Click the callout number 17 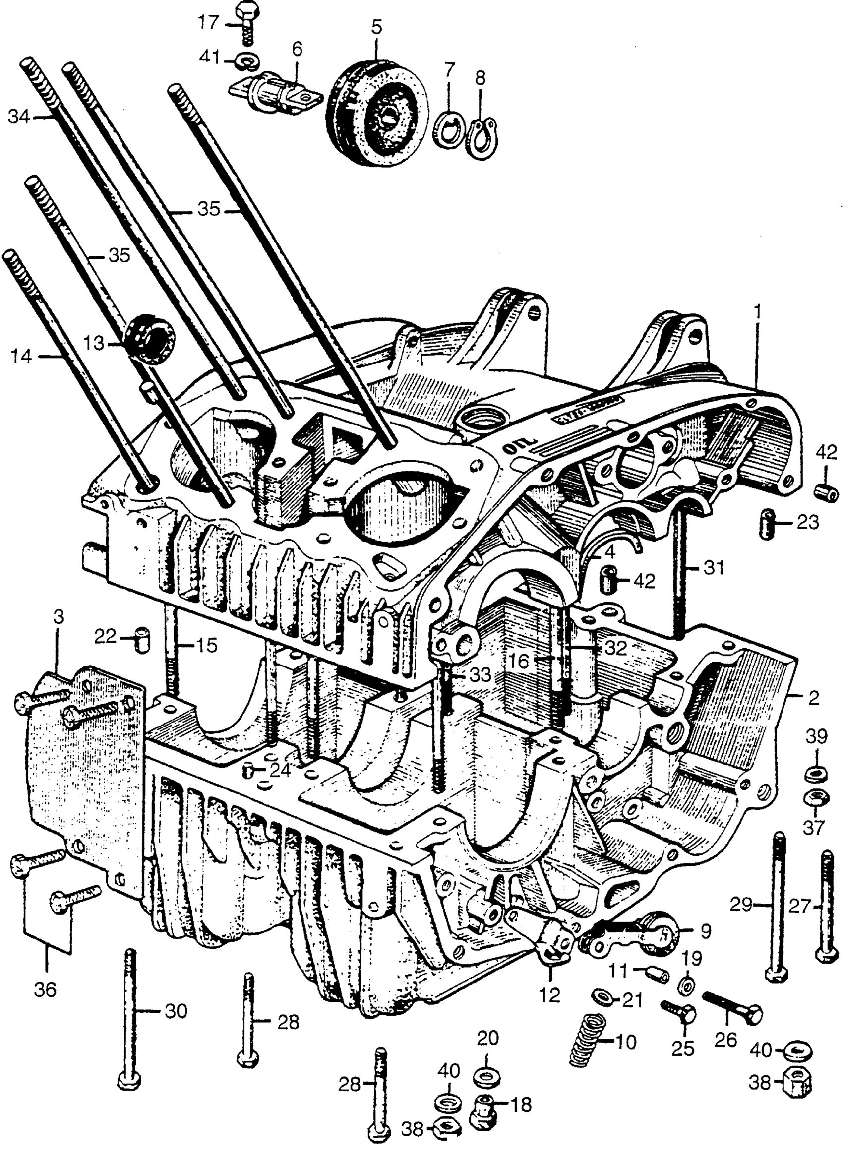pyautogui.click(x=208, y=23)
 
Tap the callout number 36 pyautogui.click(x=45, y=990)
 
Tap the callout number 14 pyautogui.click(x=21, y=357)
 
